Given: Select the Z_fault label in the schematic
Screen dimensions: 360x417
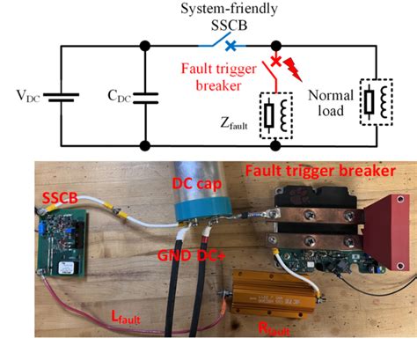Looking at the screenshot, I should coord(239,125).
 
